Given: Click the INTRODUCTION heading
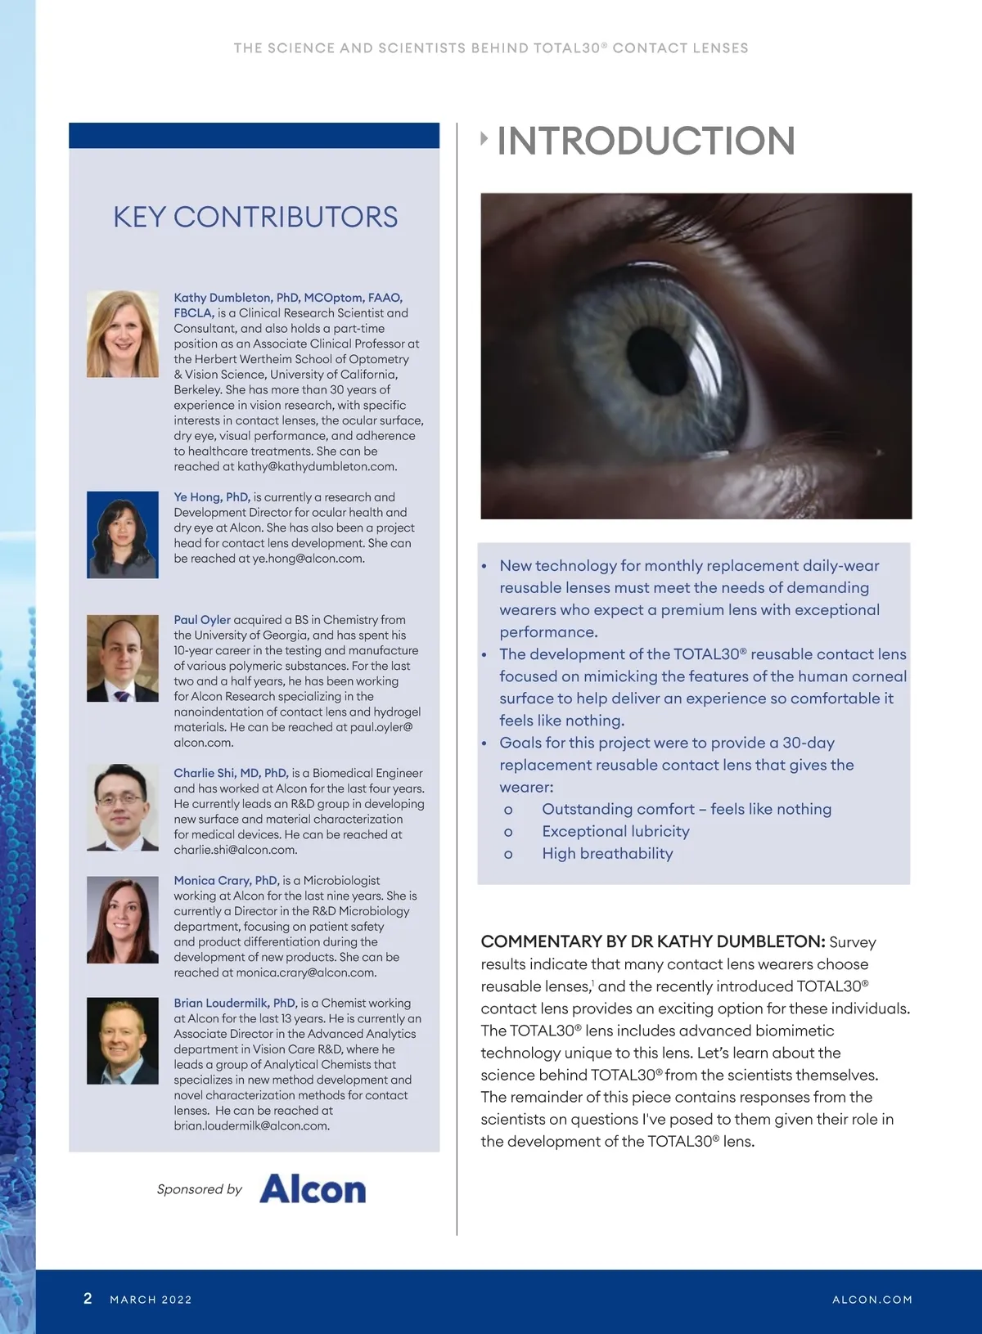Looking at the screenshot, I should click(x=646, y=141).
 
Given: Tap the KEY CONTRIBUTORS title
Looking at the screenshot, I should click(x=255, y=217).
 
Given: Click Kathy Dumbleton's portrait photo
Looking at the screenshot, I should click(x=123, y=334).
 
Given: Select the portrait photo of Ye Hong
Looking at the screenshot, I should click(x=123, y=535).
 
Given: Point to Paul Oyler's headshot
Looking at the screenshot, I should click(x=123, y=658).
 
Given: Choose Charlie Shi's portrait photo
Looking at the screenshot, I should click(x=123, y=807).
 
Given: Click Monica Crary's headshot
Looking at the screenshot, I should click(x=123, y=919).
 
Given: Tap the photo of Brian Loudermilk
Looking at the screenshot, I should click(x=123, y=1040).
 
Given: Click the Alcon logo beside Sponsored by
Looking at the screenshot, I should click(x=313, y=1189).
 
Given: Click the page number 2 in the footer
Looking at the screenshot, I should click(x=88, y=1298).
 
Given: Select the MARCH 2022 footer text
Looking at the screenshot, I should click(x=151, y=1300).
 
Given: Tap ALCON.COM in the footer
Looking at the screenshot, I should click(x=872, y=1300).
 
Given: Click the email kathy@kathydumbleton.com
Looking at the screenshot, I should click(x=317, y=467).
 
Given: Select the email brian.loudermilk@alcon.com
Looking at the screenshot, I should click(x=251, y=1126).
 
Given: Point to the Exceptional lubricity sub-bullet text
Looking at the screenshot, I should click(x=615, y=832).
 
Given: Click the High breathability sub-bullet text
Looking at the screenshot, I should click(x=607, y=854).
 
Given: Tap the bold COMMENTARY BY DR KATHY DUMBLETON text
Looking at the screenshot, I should click(x=652, y=942).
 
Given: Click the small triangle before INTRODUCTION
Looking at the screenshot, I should click(x=484, y=139).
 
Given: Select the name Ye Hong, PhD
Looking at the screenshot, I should click(x=211, y=497).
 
